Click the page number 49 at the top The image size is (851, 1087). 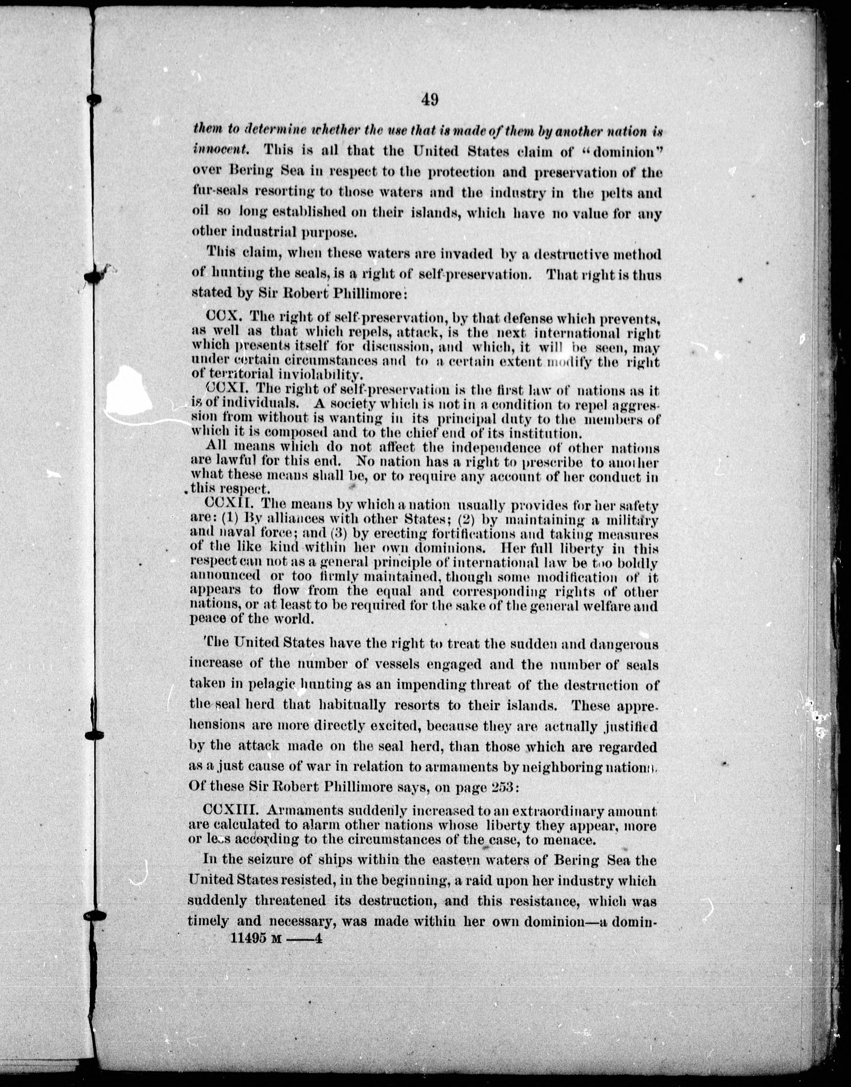click(x=429, y=100)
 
